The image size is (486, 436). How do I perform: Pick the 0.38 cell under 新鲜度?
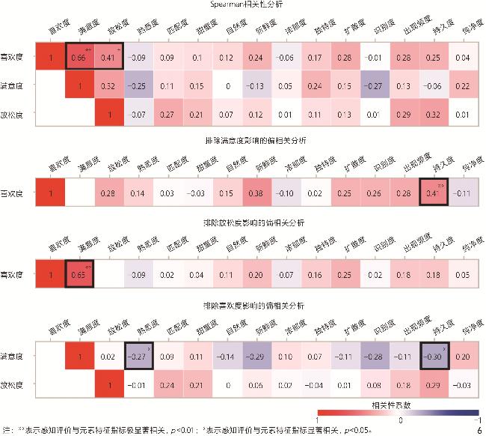tap(256, 193)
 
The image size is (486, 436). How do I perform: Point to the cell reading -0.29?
tap(256, 356)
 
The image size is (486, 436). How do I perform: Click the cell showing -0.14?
tap(227, 356)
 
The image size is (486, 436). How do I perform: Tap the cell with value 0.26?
tap(375, 193)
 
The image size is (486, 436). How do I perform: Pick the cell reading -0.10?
tap(286, 193)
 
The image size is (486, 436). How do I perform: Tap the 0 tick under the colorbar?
tap(399, 421)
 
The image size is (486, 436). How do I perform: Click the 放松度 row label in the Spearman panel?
tap(17, 114)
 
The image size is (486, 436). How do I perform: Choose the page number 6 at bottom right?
tap(478, 431)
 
